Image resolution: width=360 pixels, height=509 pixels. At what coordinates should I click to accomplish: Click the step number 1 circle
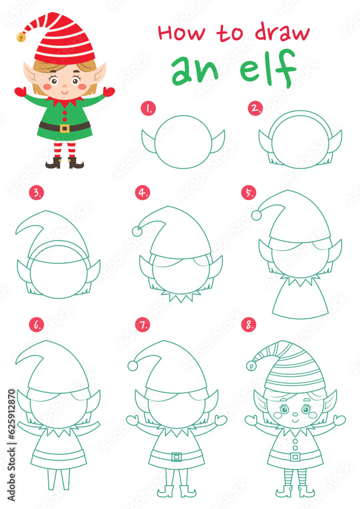point(148,108)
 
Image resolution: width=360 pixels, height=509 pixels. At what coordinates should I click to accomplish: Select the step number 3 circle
point(36,193)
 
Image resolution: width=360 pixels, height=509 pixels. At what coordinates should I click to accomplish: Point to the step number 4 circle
point(143,193)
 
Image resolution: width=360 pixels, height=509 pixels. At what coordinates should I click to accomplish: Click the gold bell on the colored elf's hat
point(21,37)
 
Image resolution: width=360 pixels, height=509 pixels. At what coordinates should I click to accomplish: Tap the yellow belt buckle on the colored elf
point(64,128)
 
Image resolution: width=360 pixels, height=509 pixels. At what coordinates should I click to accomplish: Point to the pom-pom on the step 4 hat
point(137,231)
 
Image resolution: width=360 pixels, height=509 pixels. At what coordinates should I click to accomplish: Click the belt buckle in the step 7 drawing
point(177,457)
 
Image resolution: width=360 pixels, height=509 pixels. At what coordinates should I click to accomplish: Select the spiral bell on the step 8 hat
point(251,365)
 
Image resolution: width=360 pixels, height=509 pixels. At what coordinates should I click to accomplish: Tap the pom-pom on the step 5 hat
point(257,215)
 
